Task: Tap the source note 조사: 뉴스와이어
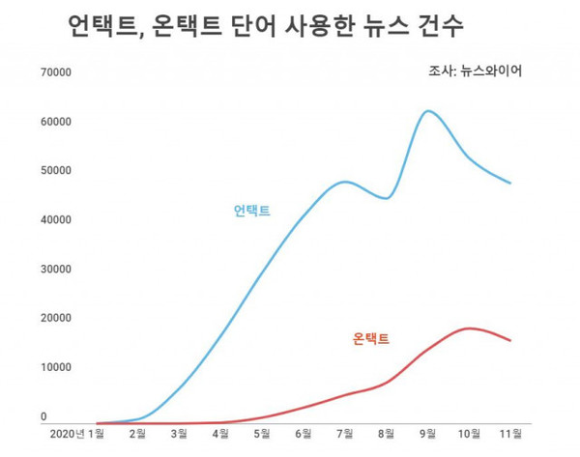pyautogui.click(x=475, y=71)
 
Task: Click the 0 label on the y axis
pyautogui.click(x=43, y=416)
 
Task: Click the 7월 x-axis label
pyautogui.click(x=345, y=434)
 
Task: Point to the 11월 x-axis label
pyautogui.click(x=510, y=434)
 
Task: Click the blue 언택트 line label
pyautogui.click(x=251, y=211)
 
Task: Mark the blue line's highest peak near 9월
pyautogui.click(x=429, y=111)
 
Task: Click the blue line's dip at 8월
pyautogui.click(x=386, y=198)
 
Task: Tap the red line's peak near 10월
pyautogui.click(x=470, y=328)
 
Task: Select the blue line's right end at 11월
pyautogui.click(x=510, y=183)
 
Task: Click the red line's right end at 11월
pyautogui.click(x=510, y=340)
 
